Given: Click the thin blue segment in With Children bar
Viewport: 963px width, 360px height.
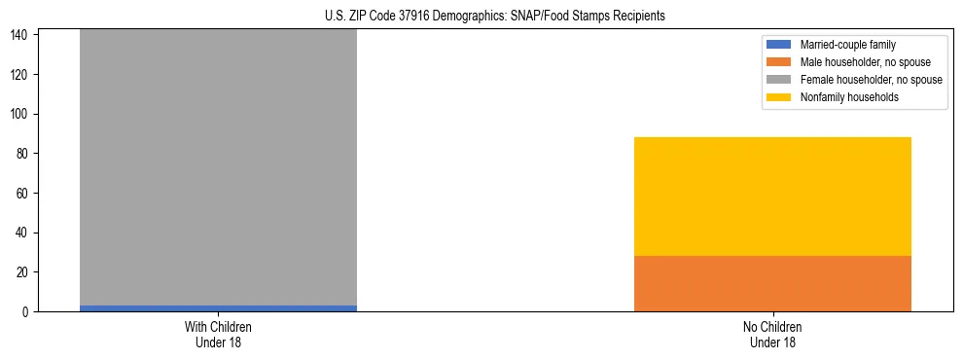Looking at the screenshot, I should (218, 308).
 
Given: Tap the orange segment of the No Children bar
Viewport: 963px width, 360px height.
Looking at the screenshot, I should (772, 284).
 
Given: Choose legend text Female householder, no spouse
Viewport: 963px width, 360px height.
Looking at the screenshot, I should (871, 80).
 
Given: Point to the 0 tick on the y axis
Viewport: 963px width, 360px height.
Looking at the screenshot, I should (28, 312).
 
